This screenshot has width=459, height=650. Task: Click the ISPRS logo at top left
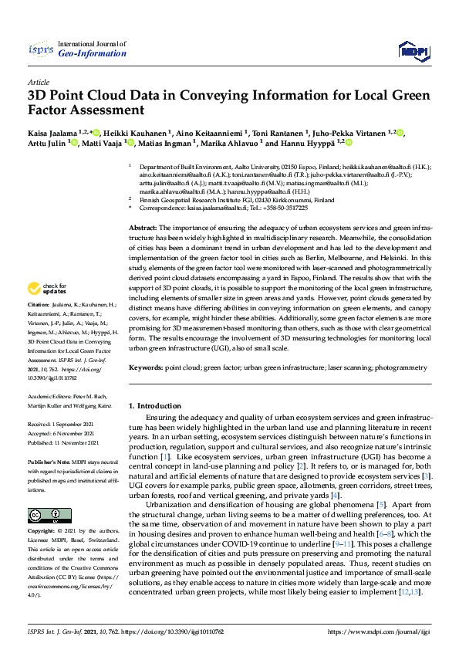point(41,49)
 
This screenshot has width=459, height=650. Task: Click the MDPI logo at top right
point(413,51)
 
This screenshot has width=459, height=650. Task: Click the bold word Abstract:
point(143,229)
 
